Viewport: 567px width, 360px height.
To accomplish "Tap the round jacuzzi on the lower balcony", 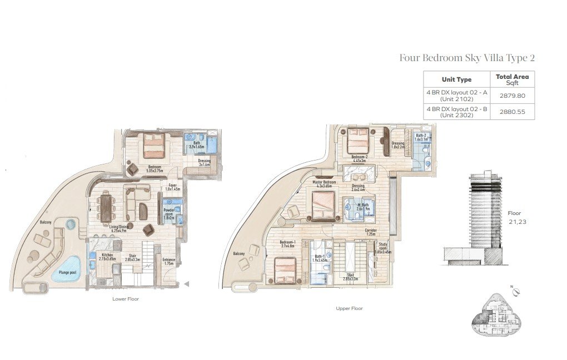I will coord(71,224).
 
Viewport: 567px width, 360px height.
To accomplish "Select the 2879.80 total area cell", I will coord(512,96).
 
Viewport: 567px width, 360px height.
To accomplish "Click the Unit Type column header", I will coord(456,79).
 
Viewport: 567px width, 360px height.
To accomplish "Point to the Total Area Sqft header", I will coord(512,79).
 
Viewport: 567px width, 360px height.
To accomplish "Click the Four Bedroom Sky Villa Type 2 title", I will coord(467,58).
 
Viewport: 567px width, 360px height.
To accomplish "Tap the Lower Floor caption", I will coord(126,299).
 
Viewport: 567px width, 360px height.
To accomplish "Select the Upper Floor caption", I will coord(349,308).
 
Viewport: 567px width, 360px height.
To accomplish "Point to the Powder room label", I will coord(168,213).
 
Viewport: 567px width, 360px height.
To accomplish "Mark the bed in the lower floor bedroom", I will coord(153,147).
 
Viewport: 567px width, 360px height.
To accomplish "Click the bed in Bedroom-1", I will coord(287,272).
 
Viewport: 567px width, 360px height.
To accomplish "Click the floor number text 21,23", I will coord(517,222).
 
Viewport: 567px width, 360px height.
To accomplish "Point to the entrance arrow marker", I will coord(187,284).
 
